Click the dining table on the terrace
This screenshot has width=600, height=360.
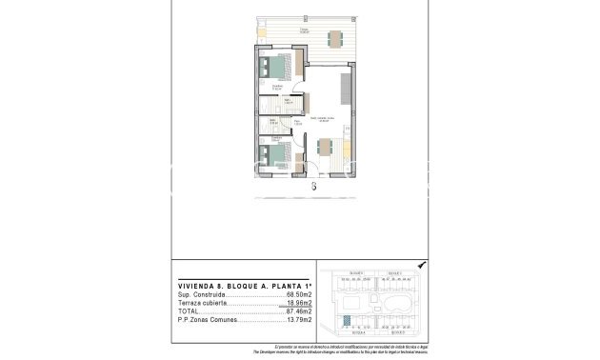334,39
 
